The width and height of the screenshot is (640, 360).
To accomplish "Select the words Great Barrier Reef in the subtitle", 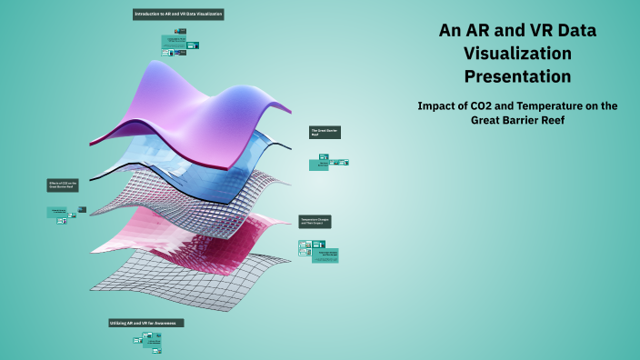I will tap(517, 121).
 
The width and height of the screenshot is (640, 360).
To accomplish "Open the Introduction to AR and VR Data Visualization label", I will tap(178, 15).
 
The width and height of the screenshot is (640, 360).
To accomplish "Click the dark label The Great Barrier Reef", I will tap(324, 132).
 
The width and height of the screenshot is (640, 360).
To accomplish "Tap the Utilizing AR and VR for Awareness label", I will tap(146, 323).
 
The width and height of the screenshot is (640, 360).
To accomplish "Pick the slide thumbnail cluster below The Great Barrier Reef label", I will tap(329, 162).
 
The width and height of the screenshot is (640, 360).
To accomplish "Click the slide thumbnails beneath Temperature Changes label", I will tap(319, 250).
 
